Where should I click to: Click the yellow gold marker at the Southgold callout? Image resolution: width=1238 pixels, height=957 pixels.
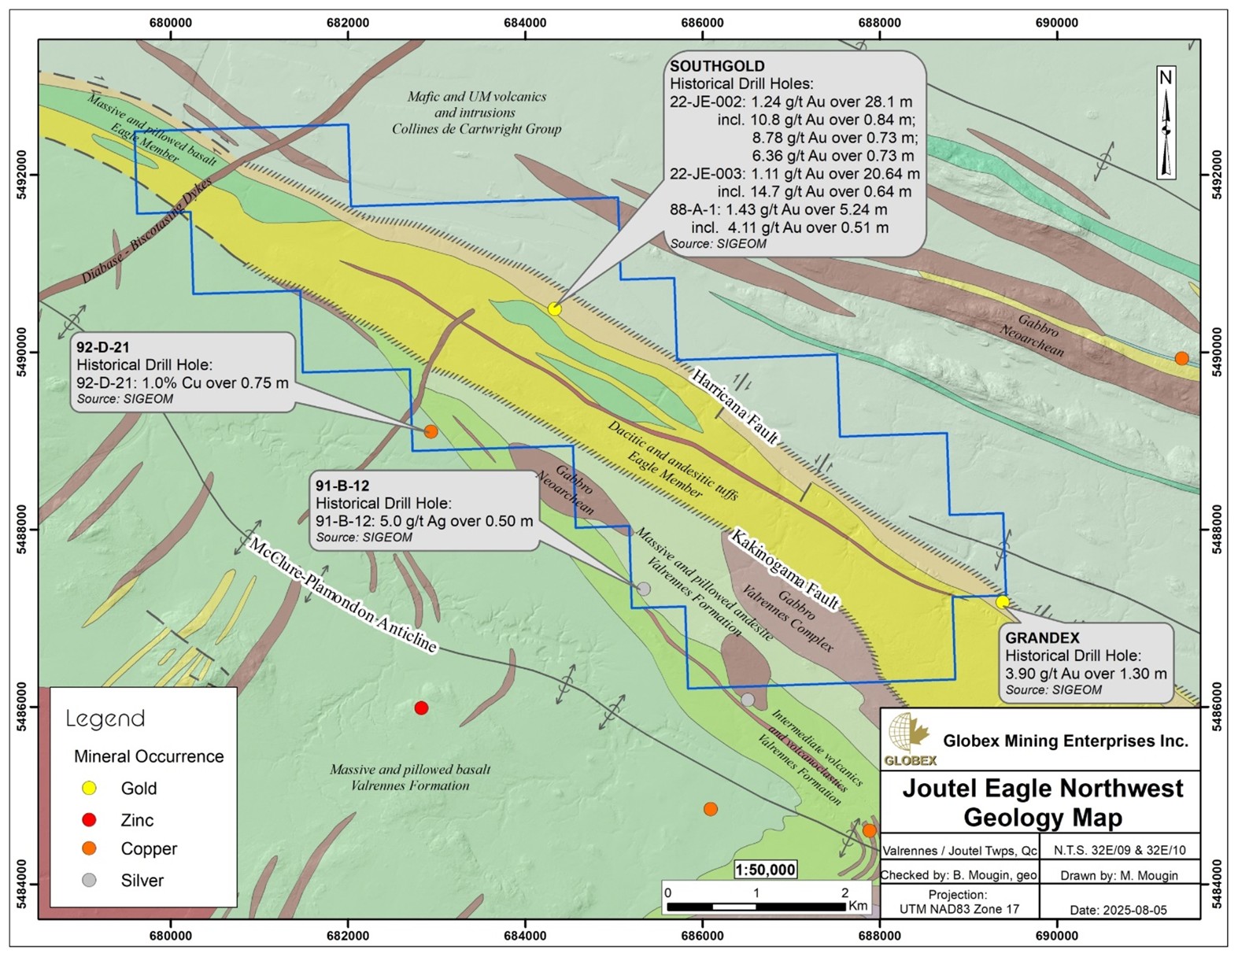[555, 309]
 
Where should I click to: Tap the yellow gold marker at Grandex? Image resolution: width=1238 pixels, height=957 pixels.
[1002, 602]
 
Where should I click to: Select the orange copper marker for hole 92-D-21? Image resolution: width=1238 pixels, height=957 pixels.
[431, 431]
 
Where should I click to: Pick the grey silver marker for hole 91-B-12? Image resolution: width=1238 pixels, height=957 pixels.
[644, 589]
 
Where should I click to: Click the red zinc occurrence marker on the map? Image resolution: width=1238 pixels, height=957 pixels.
[421, 708]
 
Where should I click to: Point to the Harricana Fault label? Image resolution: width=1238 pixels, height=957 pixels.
[735, 407]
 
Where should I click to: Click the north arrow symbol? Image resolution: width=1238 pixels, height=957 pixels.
[1166, 122]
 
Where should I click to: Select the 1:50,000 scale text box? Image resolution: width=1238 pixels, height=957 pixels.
[765, 870]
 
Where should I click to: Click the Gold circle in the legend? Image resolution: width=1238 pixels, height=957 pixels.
[90, 789]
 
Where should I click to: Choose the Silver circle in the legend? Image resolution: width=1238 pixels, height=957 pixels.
[90, 881]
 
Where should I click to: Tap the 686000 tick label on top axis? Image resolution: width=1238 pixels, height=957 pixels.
[701, 23]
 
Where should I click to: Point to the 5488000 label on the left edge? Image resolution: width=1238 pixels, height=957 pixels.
[22, 530]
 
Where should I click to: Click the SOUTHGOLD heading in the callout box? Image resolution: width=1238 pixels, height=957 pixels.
[717, 66]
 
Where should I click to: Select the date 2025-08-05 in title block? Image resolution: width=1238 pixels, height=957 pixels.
[1118, 911]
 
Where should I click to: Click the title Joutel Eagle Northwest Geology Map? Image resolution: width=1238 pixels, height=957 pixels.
[1042, 802]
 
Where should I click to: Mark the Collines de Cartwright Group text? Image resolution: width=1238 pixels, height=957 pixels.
[477, 129]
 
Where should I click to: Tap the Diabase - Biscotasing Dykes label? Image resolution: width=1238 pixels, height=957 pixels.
[147, 231]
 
